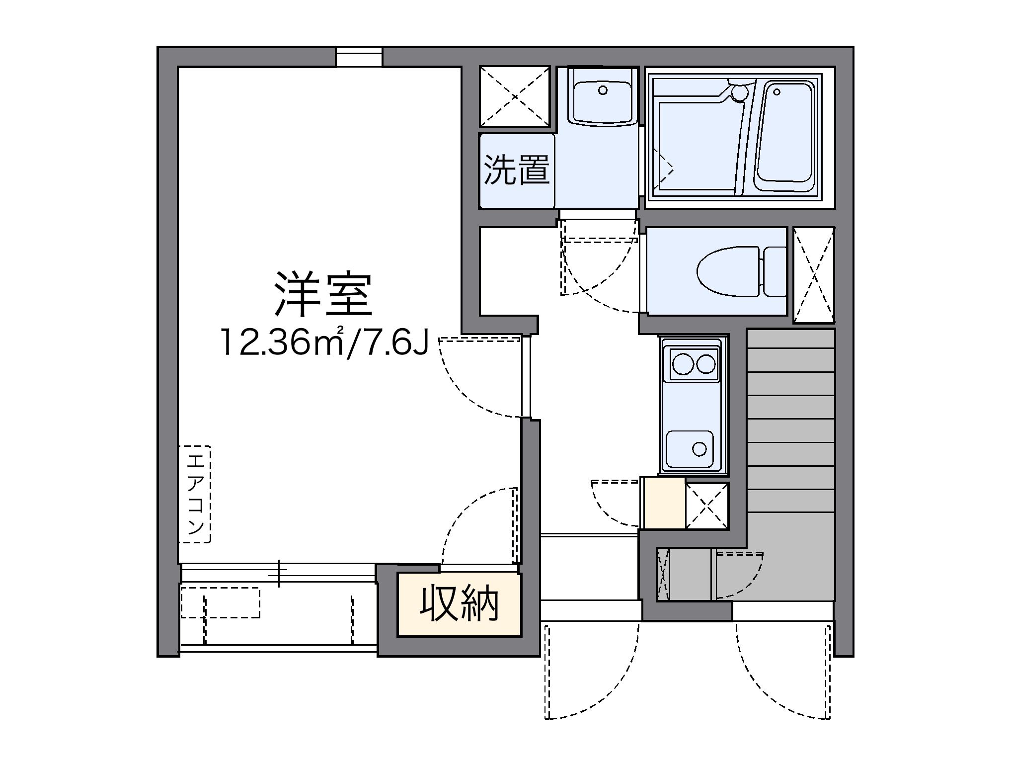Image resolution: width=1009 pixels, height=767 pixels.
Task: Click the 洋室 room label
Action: (x=323, y=294)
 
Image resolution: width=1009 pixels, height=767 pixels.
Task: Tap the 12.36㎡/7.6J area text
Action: (x=324, y=342)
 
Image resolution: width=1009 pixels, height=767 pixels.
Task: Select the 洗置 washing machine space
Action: (x=517, y=170)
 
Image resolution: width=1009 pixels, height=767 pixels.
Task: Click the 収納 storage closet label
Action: (x=459, y=604)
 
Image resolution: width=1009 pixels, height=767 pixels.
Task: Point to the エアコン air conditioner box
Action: (x=195, y=494)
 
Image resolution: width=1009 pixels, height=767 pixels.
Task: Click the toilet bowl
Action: (x=728, y=271)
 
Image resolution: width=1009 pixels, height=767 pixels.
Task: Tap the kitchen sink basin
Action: (x=690, y=449)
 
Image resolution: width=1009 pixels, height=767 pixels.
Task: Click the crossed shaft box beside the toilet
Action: (x=813, y=274)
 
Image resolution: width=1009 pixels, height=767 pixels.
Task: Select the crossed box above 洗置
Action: (x=515, y=96)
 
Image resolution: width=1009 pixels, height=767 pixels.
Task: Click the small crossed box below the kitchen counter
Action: (x=706, y=505)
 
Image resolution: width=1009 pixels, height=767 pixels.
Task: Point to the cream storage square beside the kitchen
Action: (x=664, y=503)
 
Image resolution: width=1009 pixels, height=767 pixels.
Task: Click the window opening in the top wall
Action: (x=359, y=56)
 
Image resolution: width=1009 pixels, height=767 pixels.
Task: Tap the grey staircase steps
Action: (x=790, y=437)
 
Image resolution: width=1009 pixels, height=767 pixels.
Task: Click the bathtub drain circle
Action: (x=776, y=92)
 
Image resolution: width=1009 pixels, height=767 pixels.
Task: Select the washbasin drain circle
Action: (x=603, y=90)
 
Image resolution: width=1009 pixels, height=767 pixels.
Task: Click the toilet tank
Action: (x=775, y=271)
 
